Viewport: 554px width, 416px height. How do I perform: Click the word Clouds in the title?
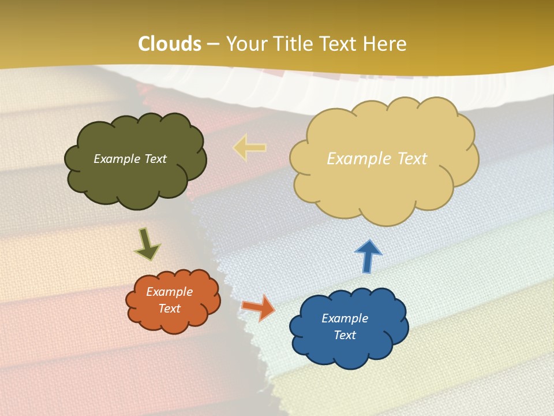(x=170, y=44)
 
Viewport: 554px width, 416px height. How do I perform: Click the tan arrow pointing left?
(x=249, y=147)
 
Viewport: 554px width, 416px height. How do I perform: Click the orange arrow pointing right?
(x=258, y=307)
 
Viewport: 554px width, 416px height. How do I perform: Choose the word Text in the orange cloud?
(x=170, y=309)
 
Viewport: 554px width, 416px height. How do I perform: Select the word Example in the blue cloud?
(x=345, y=318)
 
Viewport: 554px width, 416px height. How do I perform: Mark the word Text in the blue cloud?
(x=345, y=335)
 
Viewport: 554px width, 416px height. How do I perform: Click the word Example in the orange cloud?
(x=170, y=292)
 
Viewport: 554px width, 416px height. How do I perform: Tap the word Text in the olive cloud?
(x=155, y=159)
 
